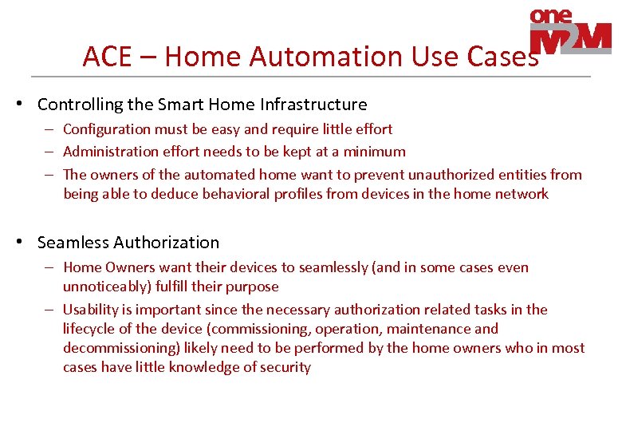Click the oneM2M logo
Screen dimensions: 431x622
570,32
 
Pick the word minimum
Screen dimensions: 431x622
374,152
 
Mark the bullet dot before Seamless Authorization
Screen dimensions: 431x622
26,243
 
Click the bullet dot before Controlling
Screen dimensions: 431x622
26,105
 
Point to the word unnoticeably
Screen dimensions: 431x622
103,287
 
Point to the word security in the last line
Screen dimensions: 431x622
284,367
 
